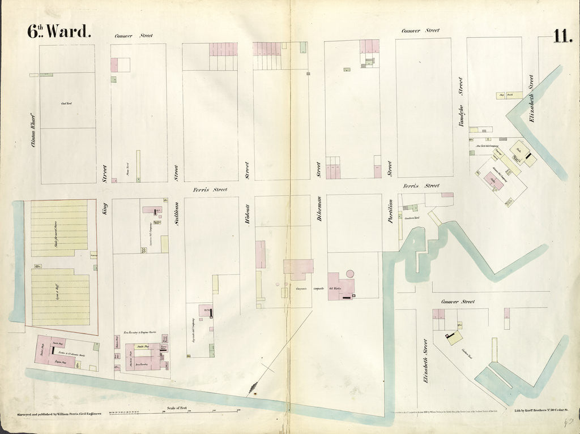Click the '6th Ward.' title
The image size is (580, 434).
coord(59,32)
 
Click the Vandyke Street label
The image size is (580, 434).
coord(460,102)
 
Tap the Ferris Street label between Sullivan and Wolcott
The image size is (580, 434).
coord(210,190)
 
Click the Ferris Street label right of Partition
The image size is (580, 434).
coord(421,186)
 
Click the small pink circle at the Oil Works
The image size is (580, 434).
coord(350,274)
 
